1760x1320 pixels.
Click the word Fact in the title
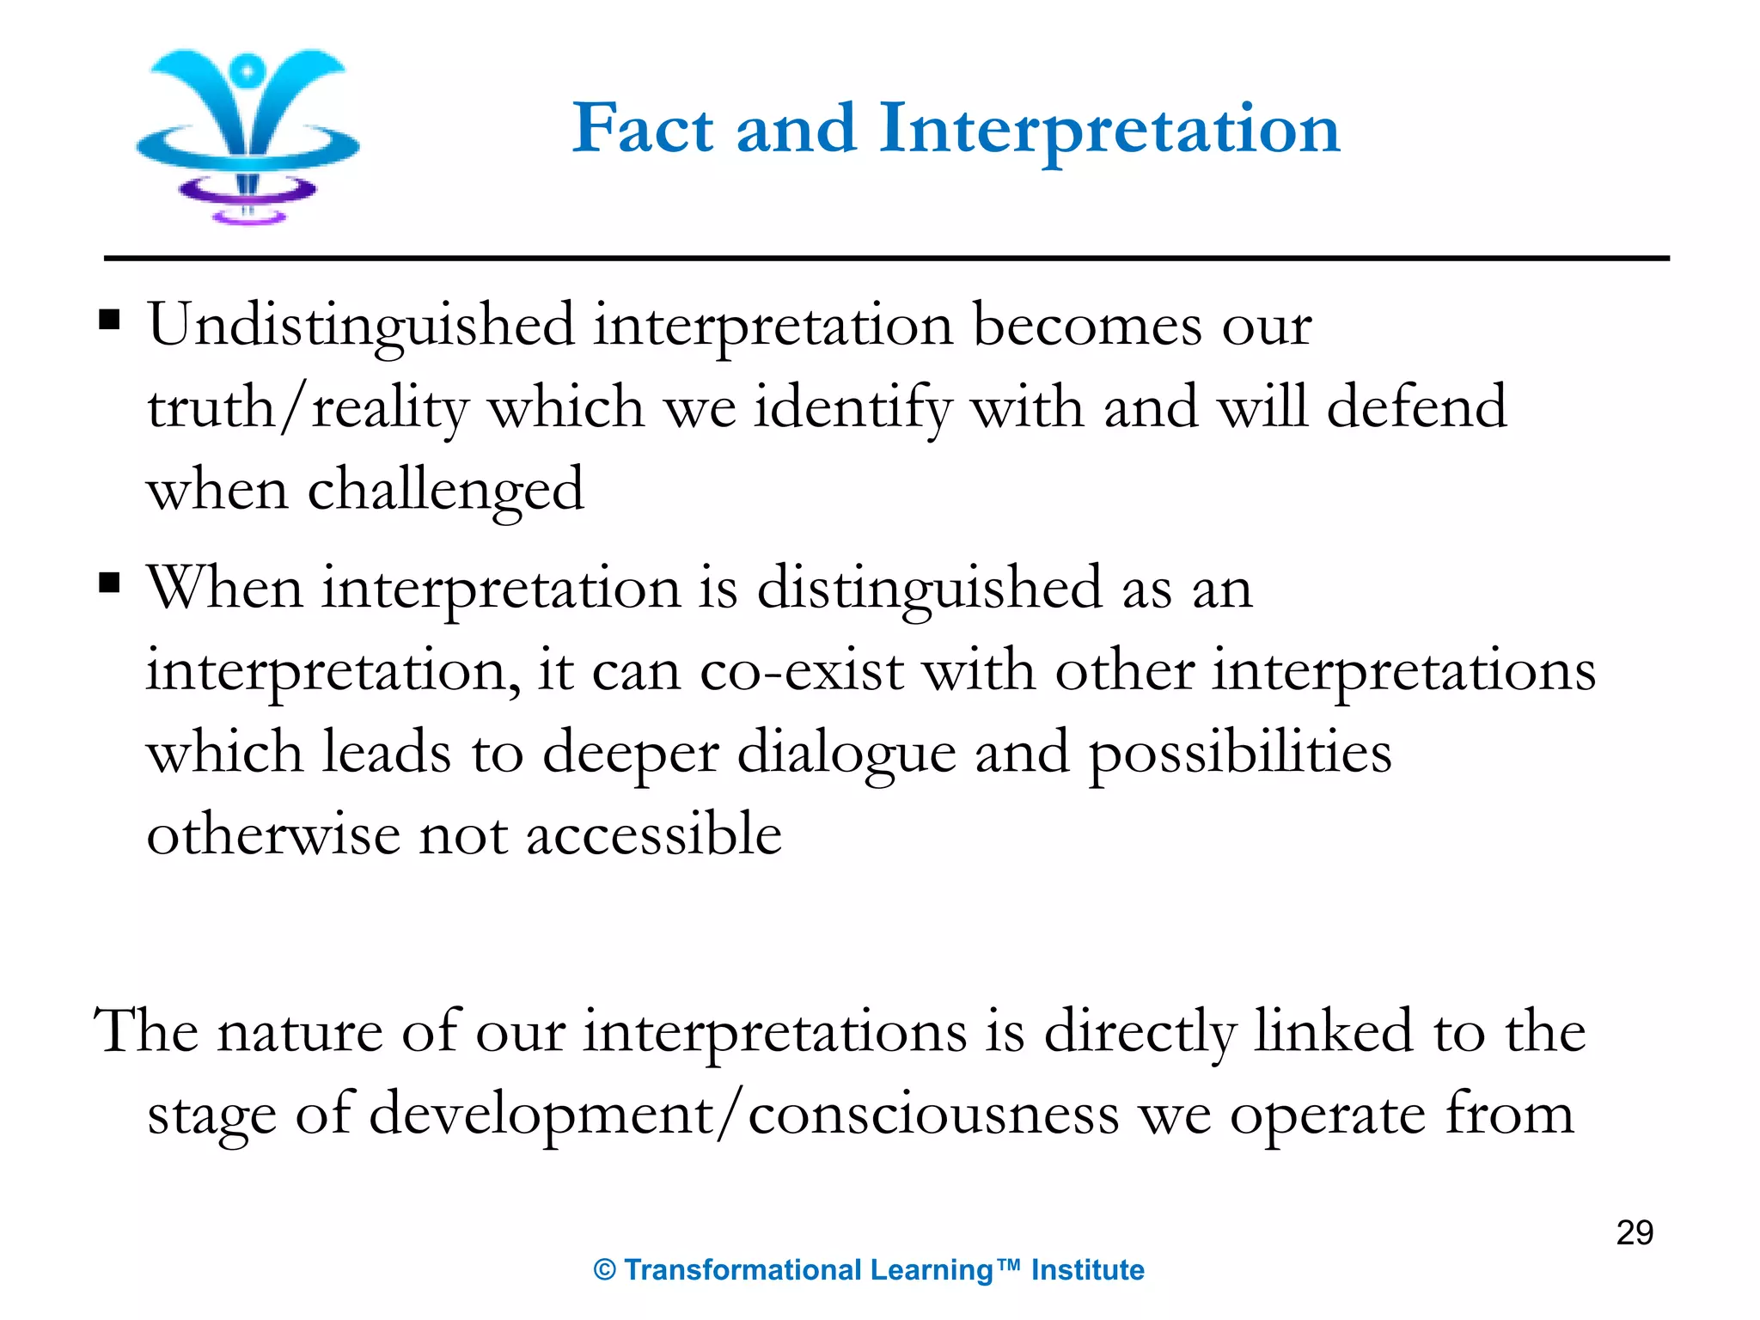tap(642, 129)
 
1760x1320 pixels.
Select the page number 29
tap(1634, 1232)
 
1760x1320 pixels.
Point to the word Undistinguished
tap(361, 327)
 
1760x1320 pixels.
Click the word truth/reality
tap(308, 407)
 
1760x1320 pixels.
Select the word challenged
tap(445, 490)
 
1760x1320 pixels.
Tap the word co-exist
tap(801, 670)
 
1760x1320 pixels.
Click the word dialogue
tap(846, 753)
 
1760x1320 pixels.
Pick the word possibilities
tap(1240, 753)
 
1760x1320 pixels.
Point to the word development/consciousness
tap(744, 1114)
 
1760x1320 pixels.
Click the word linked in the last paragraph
tap(1333, 1031)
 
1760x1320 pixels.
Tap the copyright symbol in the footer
tap(605, 1270)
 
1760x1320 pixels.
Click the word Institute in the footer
tap(1087, 1269)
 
